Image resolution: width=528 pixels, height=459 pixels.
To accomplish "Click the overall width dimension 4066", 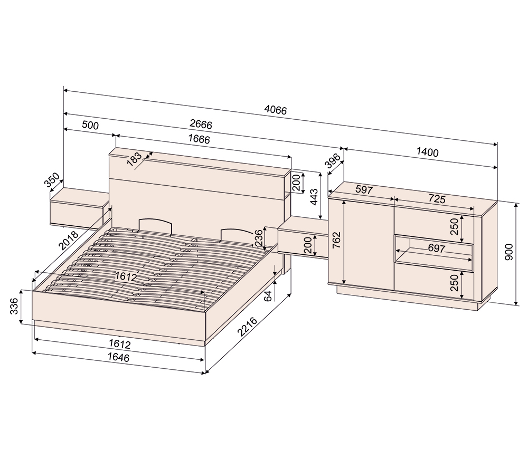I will pyautogui.click(x=275, y=110).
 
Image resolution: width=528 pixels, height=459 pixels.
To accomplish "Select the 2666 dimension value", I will pyautogui.click(x=201, y=125).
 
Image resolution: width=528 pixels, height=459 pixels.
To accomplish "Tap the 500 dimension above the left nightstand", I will pyautogui.click(x=90, y=125).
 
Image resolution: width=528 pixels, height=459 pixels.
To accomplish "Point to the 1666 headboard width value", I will pyautogui.click(x=199, y=139).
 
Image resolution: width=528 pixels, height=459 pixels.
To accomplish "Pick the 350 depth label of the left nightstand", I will pyautogui.click(x=52, y=181).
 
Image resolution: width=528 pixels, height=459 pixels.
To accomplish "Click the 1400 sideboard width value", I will pyautogui.click(x=427, y=152).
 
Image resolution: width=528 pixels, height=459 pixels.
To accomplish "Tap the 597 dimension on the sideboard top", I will pyautogui.click(x=364, y=189).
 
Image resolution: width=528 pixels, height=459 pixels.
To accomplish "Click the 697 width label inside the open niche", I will pyautogui.click(x=436, y=248).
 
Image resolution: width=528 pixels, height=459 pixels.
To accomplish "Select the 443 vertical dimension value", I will pyautogui.click(x=313, y=196).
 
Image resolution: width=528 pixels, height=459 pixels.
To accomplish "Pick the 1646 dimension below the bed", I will pyautogui.click(x=119, y=357).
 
